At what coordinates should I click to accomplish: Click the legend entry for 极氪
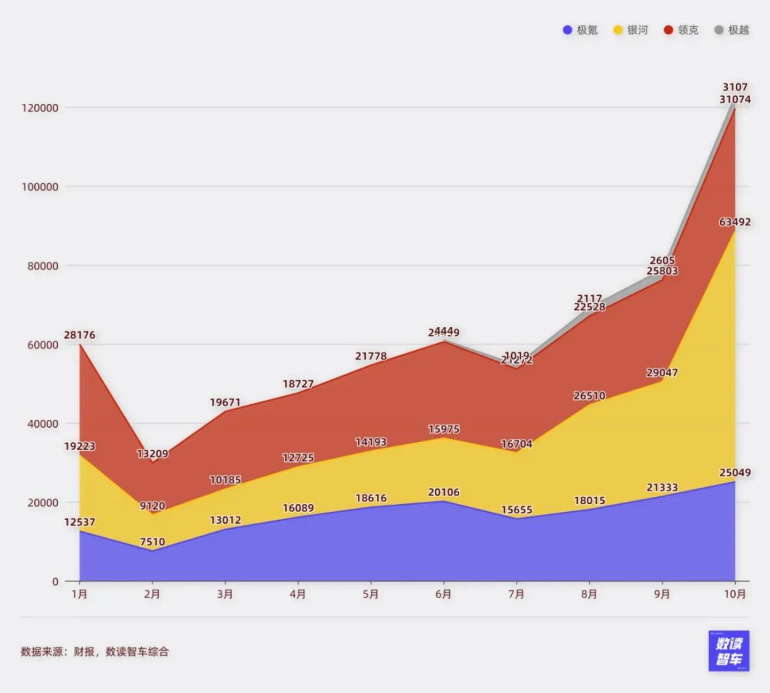point(580,30)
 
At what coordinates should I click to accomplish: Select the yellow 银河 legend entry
point(631,30)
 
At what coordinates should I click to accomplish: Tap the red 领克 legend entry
point(681,30)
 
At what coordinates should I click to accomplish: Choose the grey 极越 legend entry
point(732,30)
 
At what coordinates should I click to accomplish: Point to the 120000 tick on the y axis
point(40,108)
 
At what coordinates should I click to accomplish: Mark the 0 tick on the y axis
point(55,582)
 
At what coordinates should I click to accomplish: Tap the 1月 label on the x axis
point(80,594)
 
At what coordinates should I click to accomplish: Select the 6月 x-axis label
point(443,594)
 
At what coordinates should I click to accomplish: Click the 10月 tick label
point(735,594)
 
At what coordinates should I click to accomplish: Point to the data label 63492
point(735,222)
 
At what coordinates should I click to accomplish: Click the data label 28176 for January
point(80,335)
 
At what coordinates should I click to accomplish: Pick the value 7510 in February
point(152,542)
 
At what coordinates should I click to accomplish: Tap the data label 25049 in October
point(735,473)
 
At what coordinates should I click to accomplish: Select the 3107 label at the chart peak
point(735,87)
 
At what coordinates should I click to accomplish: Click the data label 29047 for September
point(662,373)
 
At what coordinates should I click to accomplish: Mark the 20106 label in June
point(443,492)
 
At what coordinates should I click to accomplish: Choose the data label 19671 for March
point(225,403)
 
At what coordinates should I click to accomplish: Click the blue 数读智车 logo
point(729,651)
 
